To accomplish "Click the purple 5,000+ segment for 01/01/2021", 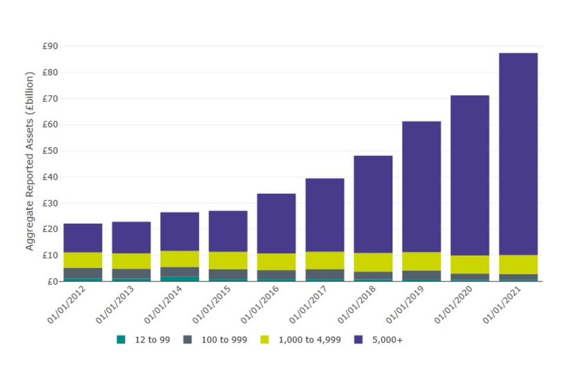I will coord(518,154).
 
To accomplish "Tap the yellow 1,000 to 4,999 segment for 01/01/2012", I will coord(83,260).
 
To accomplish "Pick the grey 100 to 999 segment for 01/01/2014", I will coord(180,272).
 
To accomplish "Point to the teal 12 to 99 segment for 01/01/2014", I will coord(180,279).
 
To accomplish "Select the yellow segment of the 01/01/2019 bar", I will coord(421,261).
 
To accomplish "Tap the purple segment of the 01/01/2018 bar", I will coord(373,204).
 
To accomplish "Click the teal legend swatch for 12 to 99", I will coord(121,340).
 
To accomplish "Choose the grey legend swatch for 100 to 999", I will coord(187,340).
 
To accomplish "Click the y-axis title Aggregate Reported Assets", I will coord(30,161).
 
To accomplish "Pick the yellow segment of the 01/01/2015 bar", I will coord(228,260).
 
